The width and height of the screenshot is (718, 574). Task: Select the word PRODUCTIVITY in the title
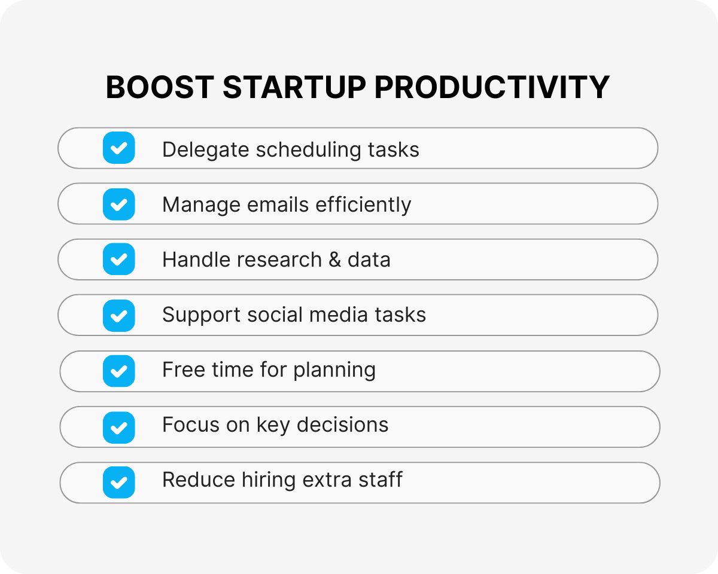pyautogui.click(x=492, y=88)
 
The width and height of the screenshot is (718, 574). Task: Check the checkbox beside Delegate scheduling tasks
pyautogui.click(x=119, y=148)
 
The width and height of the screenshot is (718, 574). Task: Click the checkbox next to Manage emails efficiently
pyautogui.click(x=119, y=204)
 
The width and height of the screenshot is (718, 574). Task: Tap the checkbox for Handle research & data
pyautogui.click(x=119, y=259)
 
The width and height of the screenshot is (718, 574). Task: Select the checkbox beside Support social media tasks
pyautogui.click(x=119, y=315)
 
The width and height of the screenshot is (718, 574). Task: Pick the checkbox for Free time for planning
pyautogui.click(x=119, y=371)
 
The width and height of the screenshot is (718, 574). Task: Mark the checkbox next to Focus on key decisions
pyautogui.click(x=119, y=427)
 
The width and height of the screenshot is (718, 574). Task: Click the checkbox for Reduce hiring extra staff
pyautogui.click(x=119, y=482)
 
